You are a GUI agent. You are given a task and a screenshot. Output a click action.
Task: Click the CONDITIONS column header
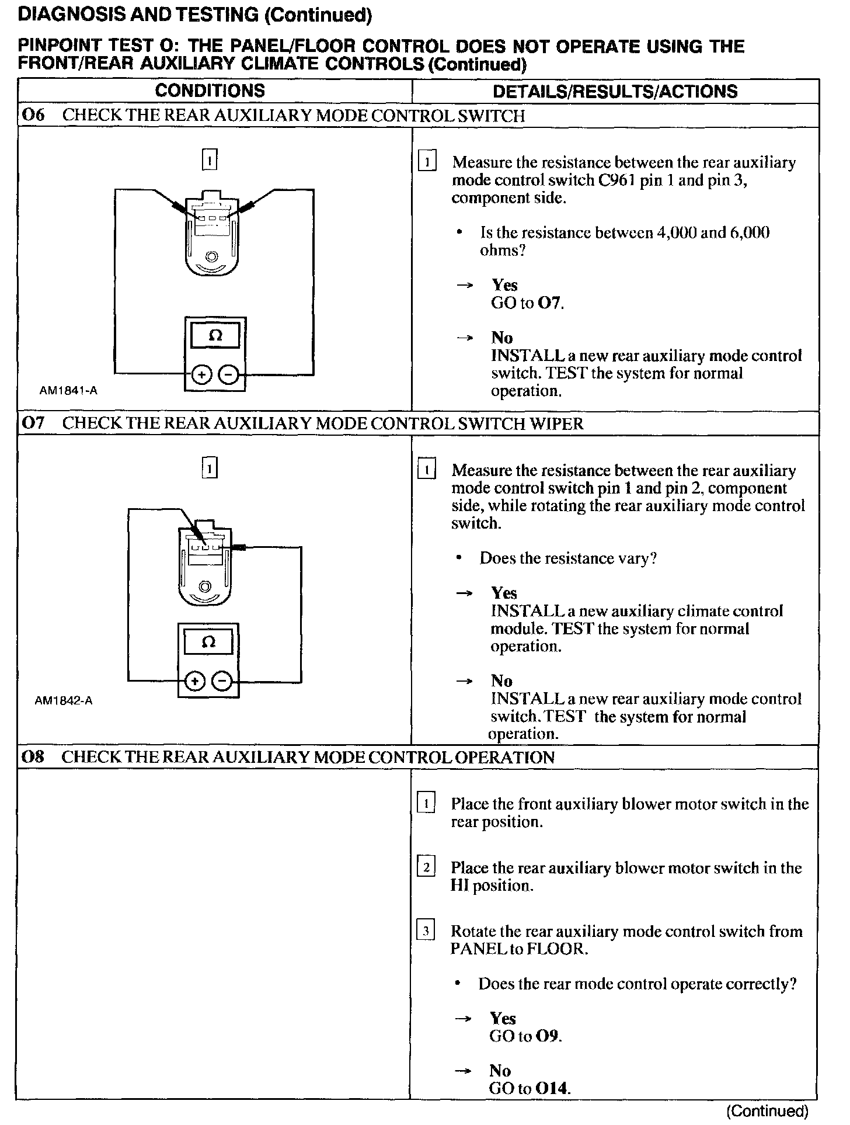click(210, 91)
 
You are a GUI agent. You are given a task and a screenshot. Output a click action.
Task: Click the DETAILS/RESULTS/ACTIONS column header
click(615, 91)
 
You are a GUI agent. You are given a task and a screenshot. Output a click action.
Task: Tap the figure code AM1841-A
click(68, 391)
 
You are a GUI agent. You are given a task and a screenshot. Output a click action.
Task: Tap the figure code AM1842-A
click(64, 701)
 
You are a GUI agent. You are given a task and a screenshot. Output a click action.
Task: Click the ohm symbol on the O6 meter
click(215, 335)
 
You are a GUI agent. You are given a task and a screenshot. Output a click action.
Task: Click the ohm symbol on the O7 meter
click(208, 643)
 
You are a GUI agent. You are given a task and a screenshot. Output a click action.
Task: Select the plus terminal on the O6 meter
click(201, 374)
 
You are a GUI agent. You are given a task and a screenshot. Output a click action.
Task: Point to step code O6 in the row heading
click(33, 115)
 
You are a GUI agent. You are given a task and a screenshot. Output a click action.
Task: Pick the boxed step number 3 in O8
click(426, 930)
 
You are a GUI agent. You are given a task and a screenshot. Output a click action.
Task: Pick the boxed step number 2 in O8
click(426, 867)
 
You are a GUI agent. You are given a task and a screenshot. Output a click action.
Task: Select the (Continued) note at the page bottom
click(767, 1110)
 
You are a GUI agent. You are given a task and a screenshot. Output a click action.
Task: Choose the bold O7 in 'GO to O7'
click(551, 303)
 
